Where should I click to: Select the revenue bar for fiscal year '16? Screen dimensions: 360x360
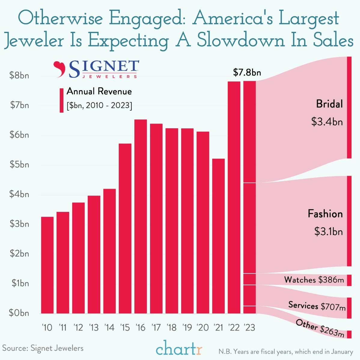click(140, 216)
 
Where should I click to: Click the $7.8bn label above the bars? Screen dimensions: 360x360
click(247, 72)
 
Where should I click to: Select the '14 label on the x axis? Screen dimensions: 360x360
click(109, 327)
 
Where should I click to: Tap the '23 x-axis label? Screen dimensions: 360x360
click(249, 327)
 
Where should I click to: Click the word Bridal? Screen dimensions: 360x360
click(329, 104)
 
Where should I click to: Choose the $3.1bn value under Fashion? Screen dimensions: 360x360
click(328, 232)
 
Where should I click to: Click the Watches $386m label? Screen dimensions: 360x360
click(314, 280)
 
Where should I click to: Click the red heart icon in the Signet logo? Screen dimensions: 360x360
click(59, 69)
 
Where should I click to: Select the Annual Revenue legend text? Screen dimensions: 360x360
click(99, 91)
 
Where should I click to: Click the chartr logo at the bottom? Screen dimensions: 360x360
click(179, 349)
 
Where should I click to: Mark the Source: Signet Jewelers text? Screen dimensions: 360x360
click(43, 348)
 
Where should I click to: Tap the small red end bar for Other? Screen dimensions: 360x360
click(349, 334)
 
